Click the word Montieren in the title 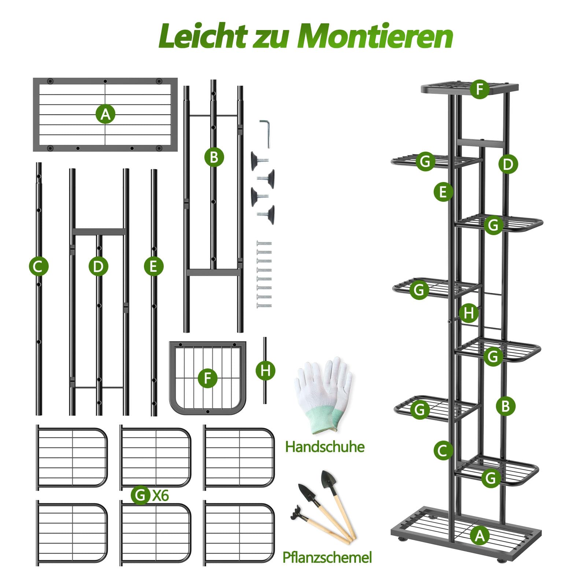[375, 37]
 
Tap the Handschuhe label [325, 447]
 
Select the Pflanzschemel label [327, 557]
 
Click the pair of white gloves [323, 392]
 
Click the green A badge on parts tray [105, 114]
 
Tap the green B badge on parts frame [214, 157]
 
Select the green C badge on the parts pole [38, 266]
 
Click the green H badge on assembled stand [469, 313]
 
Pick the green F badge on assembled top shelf [480, 89]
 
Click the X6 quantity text [160, 496]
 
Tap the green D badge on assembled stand [508, 164]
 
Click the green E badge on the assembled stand [443, 192]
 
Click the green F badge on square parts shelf [208, 378]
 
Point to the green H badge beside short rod [266, 371]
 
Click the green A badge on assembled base [480, 535]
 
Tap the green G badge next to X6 [141, 495]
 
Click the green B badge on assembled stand [505, 406]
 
